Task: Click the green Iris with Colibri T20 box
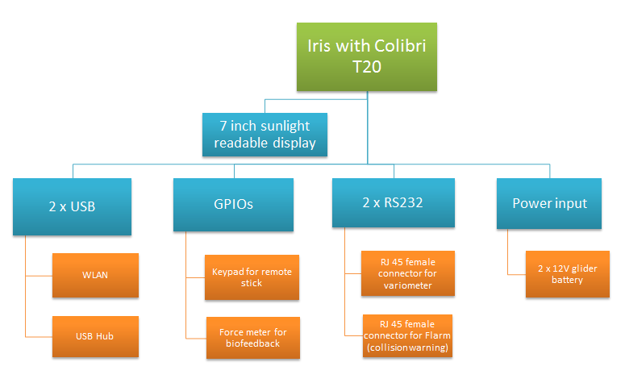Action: pyautogui.click(x=367, y=56)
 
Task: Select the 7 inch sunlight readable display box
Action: pyautogui.click(x=265, y=135)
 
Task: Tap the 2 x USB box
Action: pyautogui.click(x=72, y=206)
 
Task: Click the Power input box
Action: pyautogui.click(x=549, y=203)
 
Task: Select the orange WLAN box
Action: pyautogui.click(x=95, y=275)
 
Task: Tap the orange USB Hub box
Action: pyautogui.click(x=95, y=335)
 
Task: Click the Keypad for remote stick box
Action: pyautogui.click(x=252, y=277)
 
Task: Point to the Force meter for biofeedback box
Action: pyautogui.click(x=252, y=337)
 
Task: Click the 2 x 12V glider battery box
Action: pyautogui.click(x=567, y=274)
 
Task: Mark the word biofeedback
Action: pyautogui.click(x=252, y=343)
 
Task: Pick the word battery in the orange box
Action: pyautogui.click(x=567, y=280)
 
